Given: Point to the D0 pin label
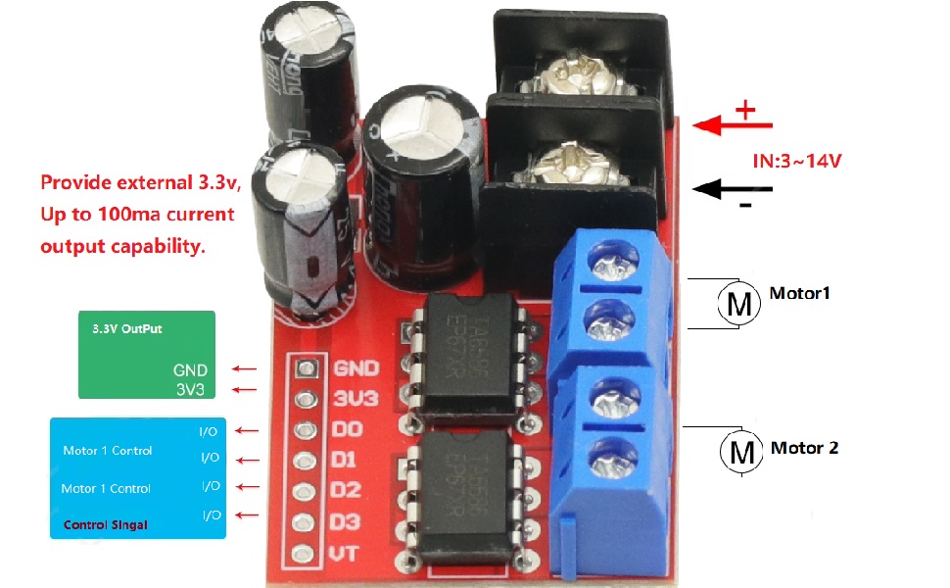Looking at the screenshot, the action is pyautogui.click(x=349, y=429).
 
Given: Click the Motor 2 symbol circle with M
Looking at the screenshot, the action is pyautogui.click(x=741, y=452).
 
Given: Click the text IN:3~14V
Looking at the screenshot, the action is pyautogui.click(x=796, y=159).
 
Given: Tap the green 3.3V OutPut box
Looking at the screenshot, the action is pyautogui.click(x=147, y=355).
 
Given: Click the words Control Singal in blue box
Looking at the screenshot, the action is pyautogui.click(x=105, y=525).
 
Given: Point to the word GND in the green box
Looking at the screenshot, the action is pyautogui.click(x=190, y=370).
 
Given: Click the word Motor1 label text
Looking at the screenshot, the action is pyautogui.click(x=799, y=293).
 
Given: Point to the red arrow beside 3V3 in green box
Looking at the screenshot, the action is pyautogui.click(x=244, y=391).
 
